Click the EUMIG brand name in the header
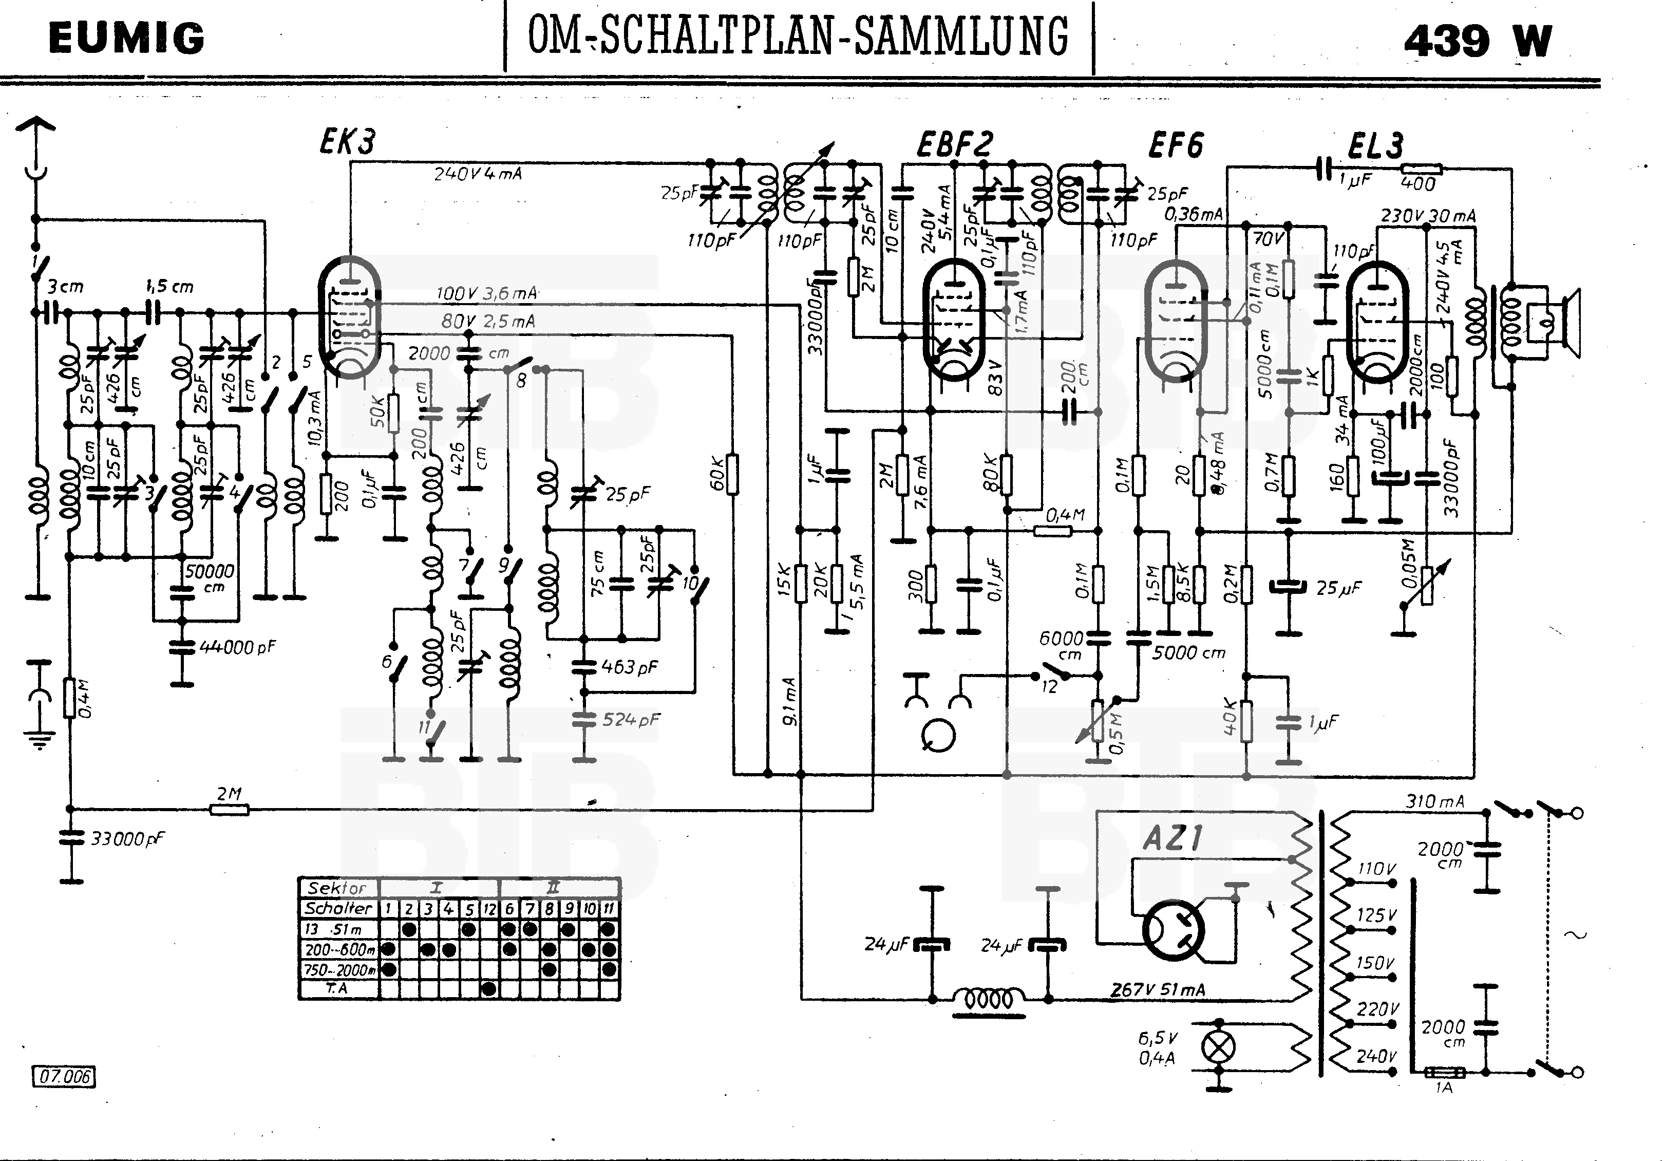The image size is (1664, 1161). [x=127, y=39]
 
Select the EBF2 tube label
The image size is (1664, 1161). [x=954, y=144]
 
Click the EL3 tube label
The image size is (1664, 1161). [x=1375, y=146]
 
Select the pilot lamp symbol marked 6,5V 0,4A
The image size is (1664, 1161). [x=1219, y=1046]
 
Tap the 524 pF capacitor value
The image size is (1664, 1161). [x=631, y=720]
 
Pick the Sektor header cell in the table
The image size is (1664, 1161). [x=337, y=888]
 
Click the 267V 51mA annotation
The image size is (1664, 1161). [x=1158, y=990]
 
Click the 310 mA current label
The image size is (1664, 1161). [x=1435, y=801]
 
